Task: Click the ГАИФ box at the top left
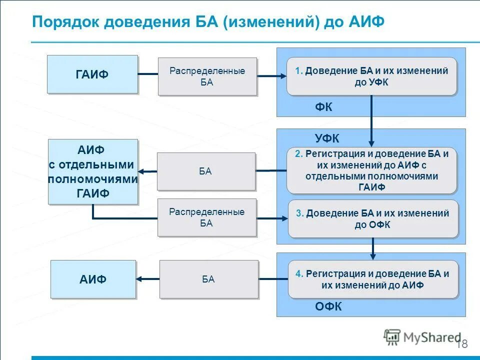92,74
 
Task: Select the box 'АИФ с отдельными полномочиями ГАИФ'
93,171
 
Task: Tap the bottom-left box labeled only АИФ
93,279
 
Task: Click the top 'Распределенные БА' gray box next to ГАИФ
207,76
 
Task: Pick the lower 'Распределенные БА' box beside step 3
206,217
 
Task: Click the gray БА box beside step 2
206,171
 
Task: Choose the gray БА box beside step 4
209,279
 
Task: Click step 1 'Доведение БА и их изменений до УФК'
371,76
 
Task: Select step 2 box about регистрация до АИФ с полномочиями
371,170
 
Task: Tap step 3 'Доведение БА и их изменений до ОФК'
372,219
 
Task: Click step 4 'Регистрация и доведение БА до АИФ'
372,279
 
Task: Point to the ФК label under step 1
323,107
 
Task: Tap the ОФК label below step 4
328,306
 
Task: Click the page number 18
462,344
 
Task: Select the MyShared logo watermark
422,337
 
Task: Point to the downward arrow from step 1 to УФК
371,120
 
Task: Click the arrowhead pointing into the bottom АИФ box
140,279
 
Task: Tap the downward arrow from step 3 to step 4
373,248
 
